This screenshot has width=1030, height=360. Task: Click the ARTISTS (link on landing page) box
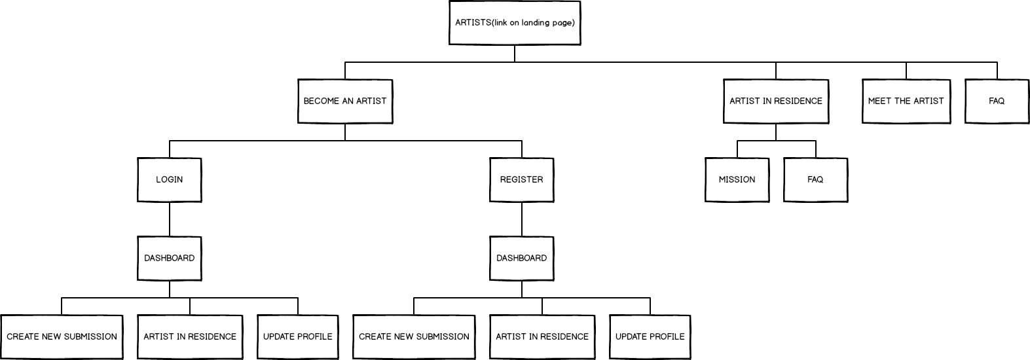[x=515, y=22]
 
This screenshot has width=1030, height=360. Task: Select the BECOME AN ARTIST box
[x=345, y=101]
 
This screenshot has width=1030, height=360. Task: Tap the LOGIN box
[x=169, y=180]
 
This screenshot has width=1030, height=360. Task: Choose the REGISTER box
[x=521, y=180]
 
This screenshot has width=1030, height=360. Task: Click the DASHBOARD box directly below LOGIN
[x=169, y=259]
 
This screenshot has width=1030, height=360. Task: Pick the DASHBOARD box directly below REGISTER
[x=521, y=259]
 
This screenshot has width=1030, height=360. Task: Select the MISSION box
[x=737, y=180]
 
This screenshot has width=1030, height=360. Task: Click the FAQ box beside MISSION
[x=816, y=180]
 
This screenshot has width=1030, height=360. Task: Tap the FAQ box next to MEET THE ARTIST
[x=997, y=101]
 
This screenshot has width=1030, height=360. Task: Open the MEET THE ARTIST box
[x=906, y=101]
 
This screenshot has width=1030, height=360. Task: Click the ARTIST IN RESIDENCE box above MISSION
[x=776, y=101]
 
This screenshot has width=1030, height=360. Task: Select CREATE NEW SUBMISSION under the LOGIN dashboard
[x=62, y=337]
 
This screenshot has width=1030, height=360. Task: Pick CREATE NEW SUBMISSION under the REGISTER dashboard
[x=414, y=337]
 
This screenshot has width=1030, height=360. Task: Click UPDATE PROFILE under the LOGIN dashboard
[x=298, y=337]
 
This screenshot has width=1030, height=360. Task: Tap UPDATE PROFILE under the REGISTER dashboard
[x=650, y=337]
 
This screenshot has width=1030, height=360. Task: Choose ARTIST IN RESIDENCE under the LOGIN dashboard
[x=190, y=337]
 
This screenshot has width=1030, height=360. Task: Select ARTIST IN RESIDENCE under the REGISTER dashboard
[x=542, y=337]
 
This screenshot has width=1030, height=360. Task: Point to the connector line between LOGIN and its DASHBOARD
[x=169, y=219]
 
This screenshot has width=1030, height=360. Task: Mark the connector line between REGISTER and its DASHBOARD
[x=521, y=219]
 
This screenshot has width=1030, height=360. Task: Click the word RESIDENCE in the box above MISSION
[x=798, y=101]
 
